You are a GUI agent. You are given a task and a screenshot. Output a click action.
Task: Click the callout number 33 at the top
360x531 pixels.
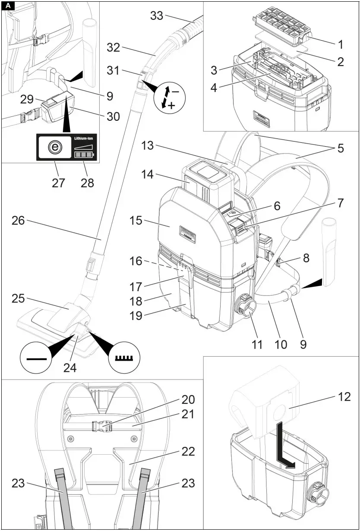157,16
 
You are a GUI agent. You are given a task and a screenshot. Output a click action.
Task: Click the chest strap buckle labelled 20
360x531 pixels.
102,426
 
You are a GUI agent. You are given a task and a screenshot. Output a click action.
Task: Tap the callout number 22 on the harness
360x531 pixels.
188,452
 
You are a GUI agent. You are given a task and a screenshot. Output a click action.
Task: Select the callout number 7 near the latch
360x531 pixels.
341,203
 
